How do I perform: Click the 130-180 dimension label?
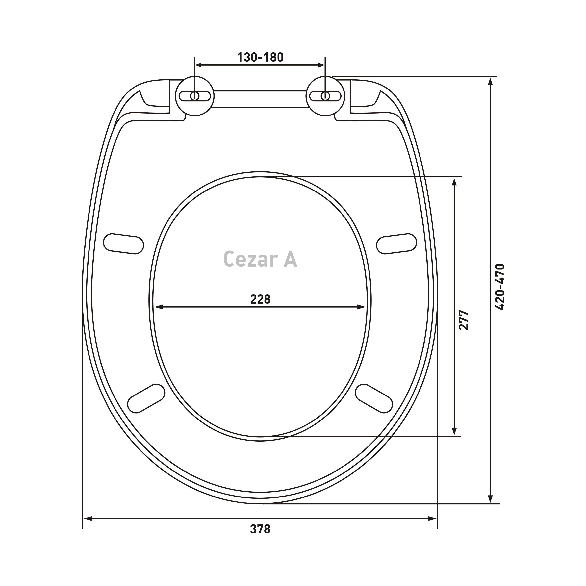click(x=260, y=57)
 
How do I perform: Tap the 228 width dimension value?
click(x=260, y=299)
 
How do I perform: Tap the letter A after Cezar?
click(x=291, y=259)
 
